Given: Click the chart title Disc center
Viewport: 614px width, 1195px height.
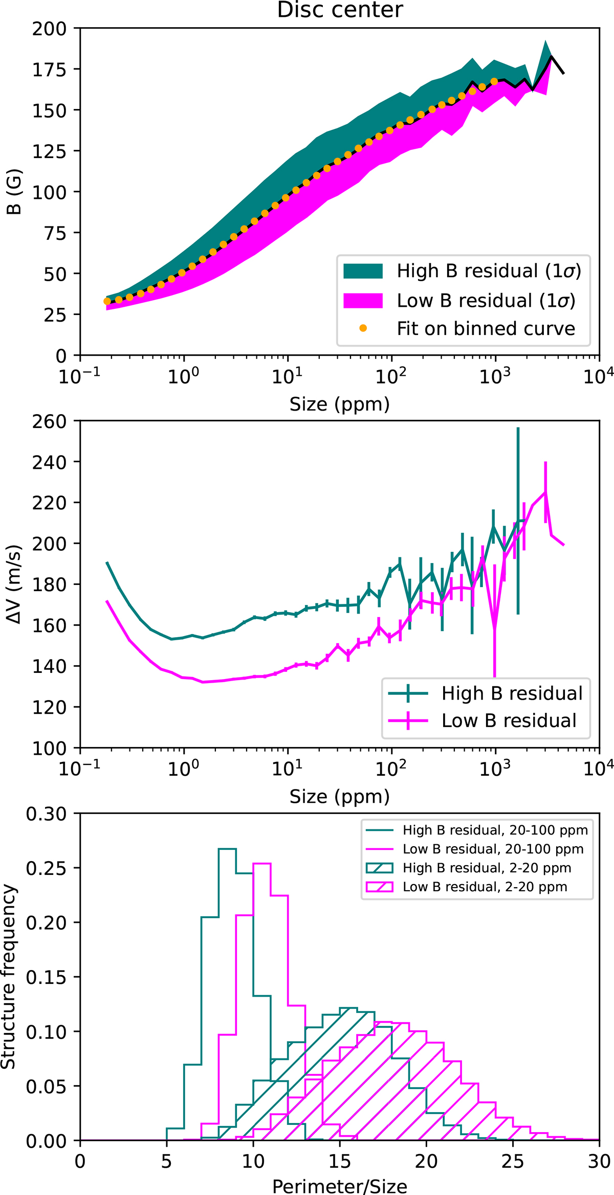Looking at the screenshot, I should point(340,10).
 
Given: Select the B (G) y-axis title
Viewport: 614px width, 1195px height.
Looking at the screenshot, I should point(15,192).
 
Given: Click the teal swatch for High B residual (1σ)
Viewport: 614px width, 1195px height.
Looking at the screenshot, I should point(363,271).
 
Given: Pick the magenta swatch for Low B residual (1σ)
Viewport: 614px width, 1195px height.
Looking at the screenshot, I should point(363,301).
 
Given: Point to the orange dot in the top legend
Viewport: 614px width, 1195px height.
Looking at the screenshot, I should point(363,328).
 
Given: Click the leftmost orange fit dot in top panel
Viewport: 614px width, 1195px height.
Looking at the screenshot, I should point(107,301).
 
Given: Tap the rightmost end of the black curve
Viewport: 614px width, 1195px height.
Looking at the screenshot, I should point(563,74).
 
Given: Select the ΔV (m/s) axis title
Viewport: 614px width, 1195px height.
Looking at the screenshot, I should point(15,584).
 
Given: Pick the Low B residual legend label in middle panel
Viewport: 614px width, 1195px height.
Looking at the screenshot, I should point(509,720).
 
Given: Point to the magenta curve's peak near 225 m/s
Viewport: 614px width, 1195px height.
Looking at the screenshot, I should point(545,492).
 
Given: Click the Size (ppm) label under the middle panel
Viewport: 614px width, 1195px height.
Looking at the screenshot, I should point(340,797).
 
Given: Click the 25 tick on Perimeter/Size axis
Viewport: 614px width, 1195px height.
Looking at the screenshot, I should point(513,1161).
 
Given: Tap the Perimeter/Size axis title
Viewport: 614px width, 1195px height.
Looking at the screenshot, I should point(340,1186).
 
